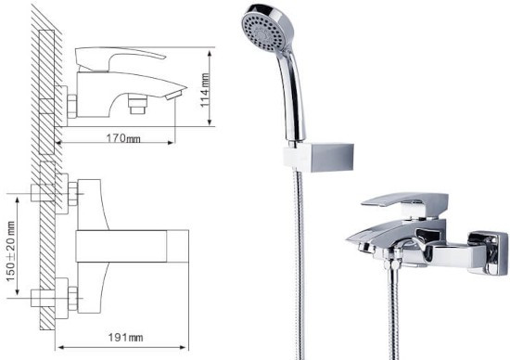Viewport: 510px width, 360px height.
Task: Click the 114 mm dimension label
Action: [205, 90]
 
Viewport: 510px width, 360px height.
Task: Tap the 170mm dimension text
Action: [123, 138]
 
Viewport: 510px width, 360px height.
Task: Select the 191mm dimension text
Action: [125, 337]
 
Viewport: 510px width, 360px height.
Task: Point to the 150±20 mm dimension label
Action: [10, 251]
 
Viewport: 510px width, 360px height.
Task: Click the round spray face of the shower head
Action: [262, 30]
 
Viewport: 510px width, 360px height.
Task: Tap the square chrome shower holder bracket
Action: [318, 157]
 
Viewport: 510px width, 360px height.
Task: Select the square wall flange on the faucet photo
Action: [488, 252]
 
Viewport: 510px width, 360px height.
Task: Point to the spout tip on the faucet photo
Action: [354, 240]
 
